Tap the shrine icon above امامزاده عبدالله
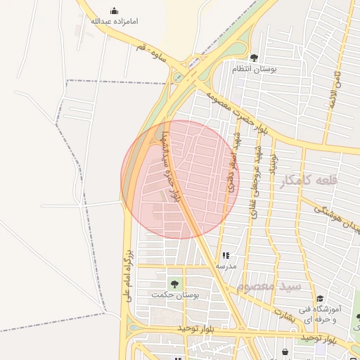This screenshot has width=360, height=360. pyautogui.click(x=115, y=11)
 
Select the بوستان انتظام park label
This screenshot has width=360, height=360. pyautogui.click(x=255, y=70)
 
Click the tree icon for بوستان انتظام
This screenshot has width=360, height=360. pyautogui.click(x=254, y=58)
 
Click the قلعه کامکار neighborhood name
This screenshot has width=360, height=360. pyautogui.click(x=309, y=181)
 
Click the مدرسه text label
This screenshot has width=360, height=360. pyautogui.click(x=226, y=267)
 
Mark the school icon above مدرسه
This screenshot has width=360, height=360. pyautogui.click(x=226, y=256)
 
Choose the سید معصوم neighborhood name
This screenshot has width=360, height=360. pyautogui.click(x=269, y=287)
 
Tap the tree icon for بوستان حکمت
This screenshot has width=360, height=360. pyautogui.click(x=174, y=284)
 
